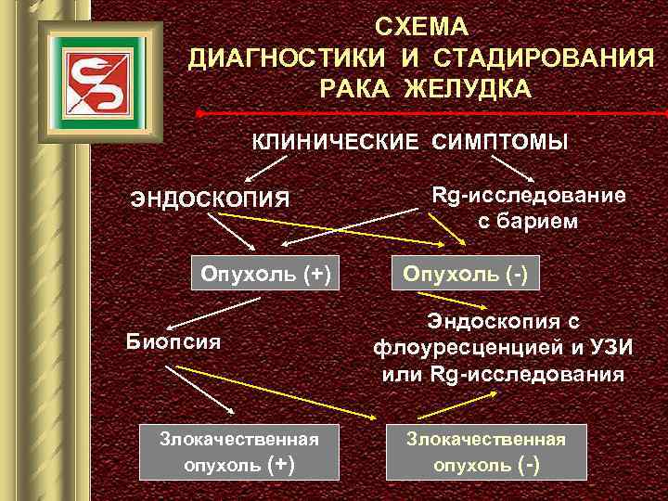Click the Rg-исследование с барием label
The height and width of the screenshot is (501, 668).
pyautogui.click(x=528, y=208)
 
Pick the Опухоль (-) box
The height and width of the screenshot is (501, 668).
pyautogui.click(x=465, y=274)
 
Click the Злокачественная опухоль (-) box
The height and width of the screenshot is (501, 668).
pyautogui.click(x=486, y=452)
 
